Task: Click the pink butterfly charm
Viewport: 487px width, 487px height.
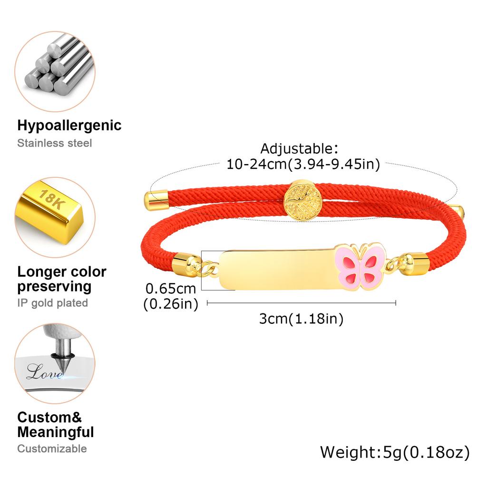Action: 360,267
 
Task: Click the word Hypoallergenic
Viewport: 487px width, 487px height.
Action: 69,126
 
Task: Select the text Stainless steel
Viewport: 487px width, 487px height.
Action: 54,143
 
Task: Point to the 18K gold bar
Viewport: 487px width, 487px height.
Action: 49,213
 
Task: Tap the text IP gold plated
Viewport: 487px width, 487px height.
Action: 52,303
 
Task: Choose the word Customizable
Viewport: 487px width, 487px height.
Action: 52,448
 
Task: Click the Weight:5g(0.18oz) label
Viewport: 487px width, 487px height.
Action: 395,453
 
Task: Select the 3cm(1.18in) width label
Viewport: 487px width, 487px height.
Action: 301,319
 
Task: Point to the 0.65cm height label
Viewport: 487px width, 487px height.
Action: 171,289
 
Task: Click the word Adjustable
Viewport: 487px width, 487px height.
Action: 299,149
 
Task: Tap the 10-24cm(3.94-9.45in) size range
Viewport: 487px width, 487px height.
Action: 303,164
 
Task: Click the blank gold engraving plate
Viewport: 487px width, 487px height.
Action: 276,270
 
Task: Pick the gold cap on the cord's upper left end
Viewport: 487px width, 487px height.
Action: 156,201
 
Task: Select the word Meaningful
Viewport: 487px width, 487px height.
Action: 56,432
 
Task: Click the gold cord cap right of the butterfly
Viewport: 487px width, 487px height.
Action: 414,263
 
